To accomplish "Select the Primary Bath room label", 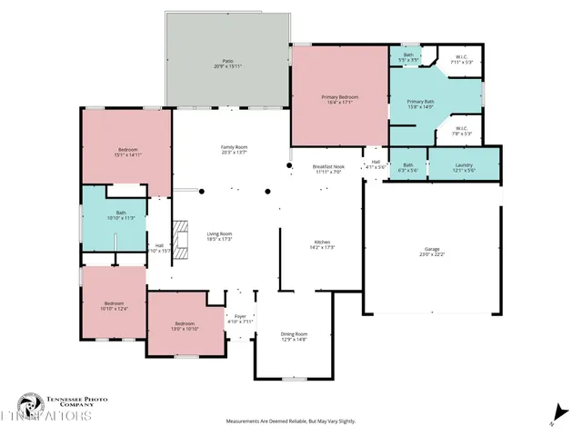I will (420, 104).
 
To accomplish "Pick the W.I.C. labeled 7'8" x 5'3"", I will (461, 131).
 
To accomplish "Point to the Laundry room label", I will (465, 167).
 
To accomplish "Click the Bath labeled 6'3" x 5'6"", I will (408, 167).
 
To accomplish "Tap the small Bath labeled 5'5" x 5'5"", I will (408, 57).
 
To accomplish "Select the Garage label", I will (431, 252).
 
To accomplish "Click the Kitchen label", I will (323, 244).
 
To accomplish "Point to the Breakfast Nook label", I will (326, 169).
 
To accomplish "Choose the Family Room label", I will (235, 149).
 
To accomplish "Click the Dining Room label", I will (294, 336).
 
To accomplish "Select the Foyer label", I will (240, 318).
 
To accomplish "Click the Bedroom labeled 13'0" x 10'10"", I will (186, 326).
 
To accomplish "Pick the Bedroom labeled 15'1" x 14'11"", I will (127, 152).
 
